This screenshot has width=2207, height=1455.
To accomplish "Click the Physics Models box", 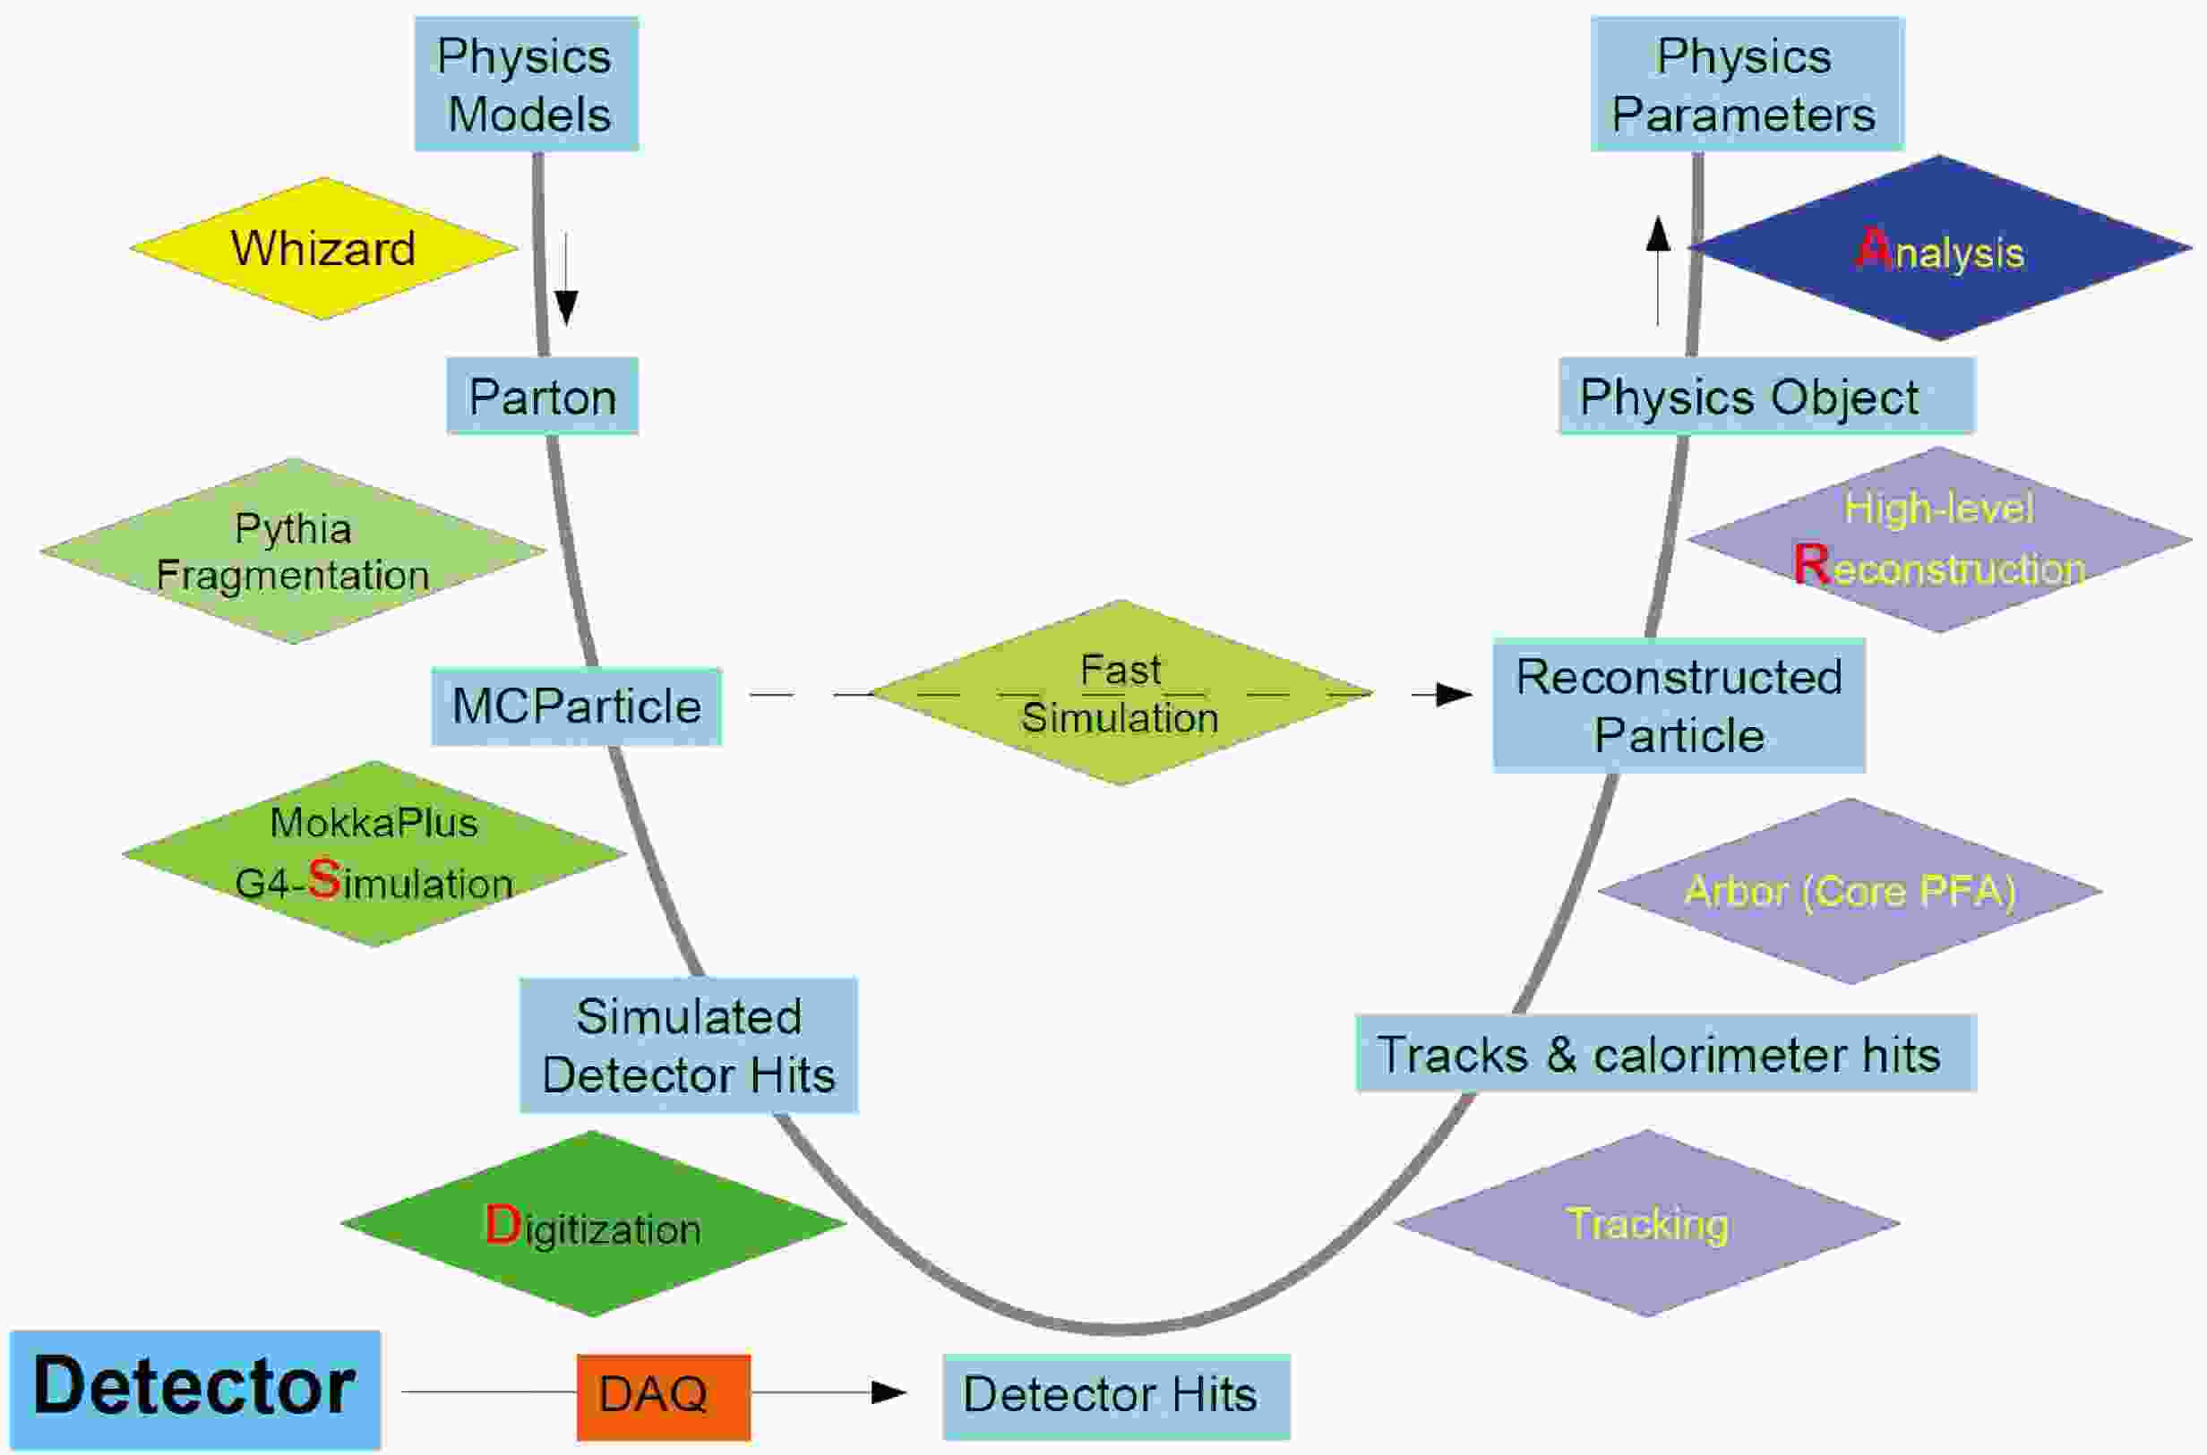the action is (x=527, y=83).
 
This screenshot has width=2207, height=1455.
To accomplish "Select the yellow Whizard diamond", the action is (x=323, y=249).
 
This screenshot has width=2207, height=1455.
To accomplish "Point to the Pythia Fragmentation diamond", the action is (x=292, y=551).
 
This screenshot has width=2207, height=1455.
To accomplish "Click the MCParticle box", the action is (x=576, y=706).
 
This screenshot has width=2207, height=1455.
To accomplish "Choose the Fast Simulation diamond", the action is (x=1121, y=693).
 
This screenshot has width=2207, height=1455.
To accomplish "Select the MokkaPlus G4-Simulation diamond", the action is (x=374, y=853).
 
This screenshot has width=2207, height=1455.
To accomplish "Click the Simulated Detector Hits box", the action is (x=689, y=1046).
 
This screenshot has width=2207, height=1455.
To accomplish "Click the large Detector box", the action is (x=195, y=1389).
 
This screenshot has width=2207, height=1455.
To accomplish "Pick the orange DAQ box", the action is (x=664, y=1397).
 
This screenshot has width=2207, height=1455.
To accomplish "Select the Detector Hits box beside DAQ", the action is (x=1117, y=1397).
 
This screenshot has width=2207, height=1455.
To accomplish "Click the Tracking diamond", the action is (x=1647, y=1223).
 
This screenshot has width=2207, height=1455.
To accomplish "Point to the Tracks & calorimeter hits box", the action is (x=1666, y=1053).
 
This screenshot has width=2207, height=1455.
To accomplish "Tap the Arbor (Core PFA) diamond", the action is (x=1850, y=891).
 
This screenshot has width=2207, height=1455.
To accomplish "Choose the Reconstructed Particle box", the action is (x=1679, y=706).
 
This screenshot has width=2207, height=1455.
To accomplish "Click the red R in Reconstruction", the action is (x=1812, y=564).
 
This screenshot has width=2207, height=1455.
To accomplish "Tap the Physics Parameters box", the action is (x=1748, y=83).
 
